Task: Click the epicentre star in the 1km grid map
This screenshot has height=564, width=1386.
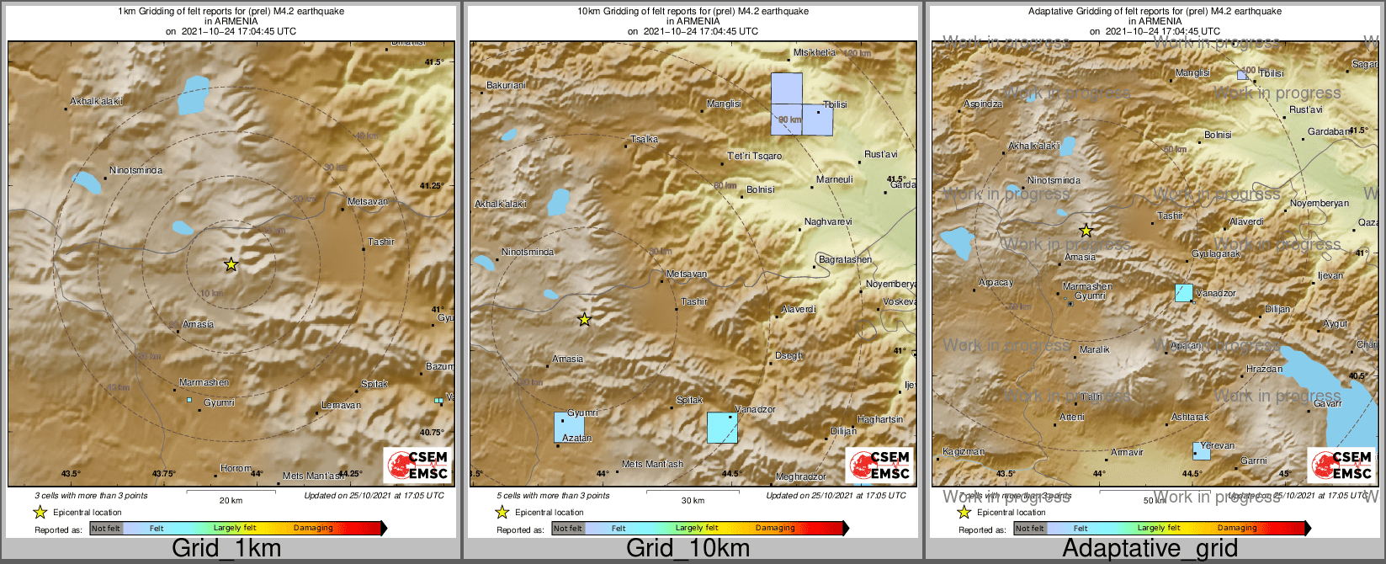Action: pos(231,264)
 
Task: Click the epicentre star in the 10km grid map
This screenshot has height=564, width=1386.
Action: pos(584,320)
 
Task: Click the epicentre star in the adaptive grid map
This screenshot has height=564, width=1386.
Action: pos(1086,230)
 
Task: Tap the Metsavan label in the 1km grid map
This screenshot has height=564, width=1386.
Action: pos(368,201)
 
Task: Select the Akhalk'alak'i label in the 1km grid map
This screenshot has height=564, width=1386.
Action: pos(97,101)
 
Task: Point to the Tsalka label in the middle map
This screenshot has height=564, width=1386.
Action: pos(645,140)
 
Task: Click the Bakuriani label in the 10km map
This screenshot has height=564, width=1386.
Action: pos(507,85)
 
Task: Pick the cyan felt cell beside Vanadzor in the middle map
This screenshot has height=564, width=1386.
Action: pos(722,428)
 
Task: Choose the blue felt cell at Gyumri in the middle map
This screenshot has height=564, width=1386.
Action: pos(569,428)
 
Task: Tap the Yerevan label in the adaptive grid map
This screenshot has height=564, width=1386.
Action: pos(1218,445)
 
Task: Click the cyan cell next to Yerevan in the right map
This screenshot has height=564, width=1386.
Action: pos(1202,451)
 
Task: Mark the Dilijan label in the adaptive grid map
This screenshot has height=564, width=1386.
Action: pos(1277,309)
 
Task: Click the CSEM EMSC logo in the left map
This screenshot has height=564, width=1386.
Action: pos(417,466)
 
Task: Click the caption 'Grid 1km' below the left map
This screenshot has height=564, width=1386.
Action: pos(226,549)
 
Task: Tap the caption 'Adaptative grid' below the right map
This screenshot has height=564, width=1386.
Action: pos(1150,549)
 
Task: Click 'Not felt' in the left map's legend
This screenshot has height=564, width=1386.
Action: pos(106,529)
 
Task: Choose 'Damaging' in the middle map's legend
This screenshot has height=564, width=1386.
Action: pos(775,529)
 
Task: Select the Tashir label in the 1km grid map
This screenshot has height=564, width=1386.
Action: pos(381,242)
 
